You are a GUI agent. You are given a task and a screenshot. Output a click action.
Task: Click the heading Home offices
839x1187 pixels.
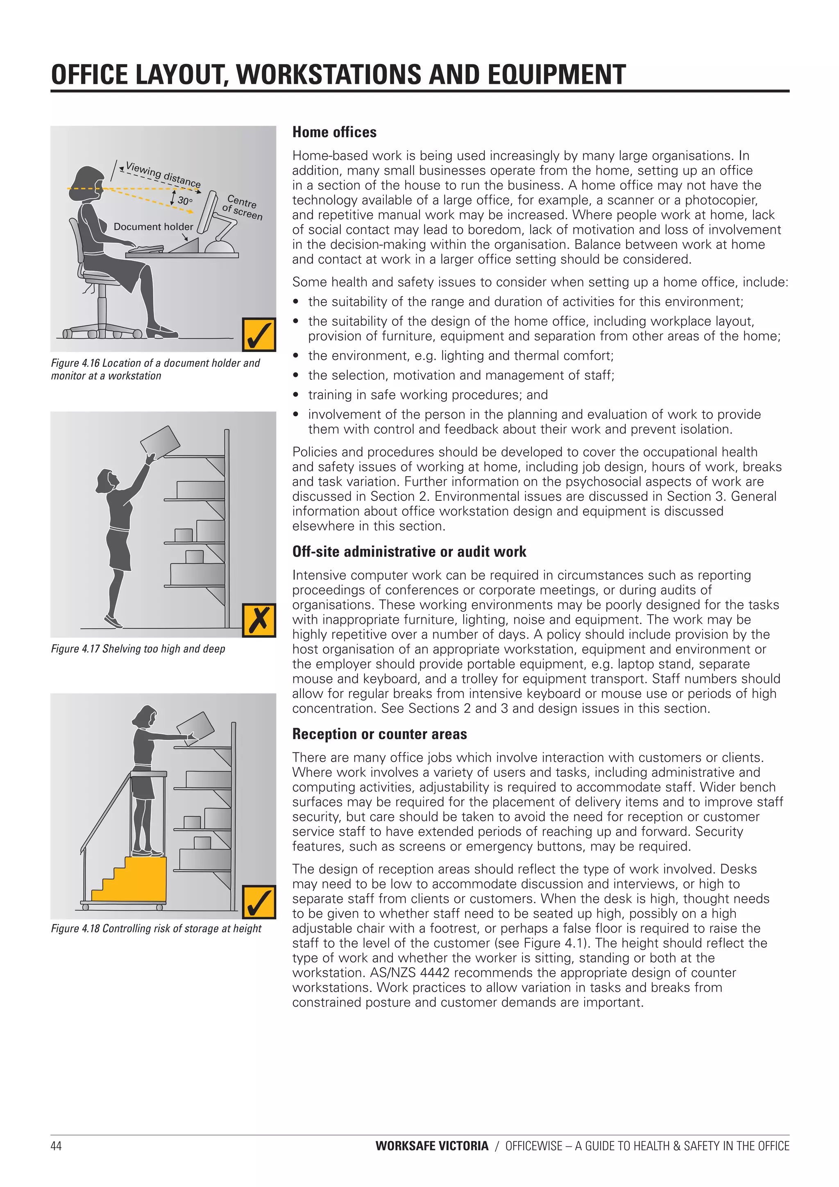pyautogui.click(x=334, y=132)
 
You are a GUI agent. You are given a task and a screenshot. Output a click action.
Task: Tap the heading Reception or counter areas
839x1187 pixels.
pyautogui.click(x=379, y=734)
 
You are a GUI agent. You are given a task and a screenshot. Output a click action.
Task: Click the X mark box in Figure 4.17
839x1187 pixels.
pyautogui.click(x=259, y=620)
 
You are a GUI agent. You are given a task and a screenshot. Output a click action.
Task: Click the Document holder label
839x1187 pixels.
pyautogui.click(x=153, y=227)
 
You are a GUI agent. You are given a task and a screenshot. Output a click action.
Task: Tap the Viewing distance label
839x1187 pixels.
pyautogui.click(x=163, y=175)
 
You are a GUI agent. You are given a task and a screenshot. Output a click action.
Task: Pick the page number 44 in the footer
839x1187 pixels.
pyautogui.click(x=56, y=1146)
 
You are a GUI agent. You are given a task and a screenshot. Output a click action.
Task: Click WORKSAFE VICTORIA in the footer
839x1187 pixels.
pyautogui.click(x=432, y=1146)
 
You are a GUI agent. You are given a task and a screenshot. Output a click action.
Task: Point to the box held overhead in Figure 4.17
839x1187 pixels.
pyautogui.click(x=160, y=442)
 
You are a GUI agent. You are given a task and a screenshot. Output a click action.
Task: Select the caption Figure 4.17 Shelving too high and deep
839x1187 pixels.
pyautogui.click(x=138, y=649)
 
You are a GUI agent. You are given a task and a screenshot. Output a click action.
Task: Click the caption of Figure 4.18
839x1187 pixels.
pyautogui.click(x=156, y=928)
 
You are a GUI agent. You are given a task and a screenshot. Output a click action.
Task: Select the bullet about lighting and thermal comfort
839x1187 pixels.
pyautogui.click(x=460, y=356)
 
